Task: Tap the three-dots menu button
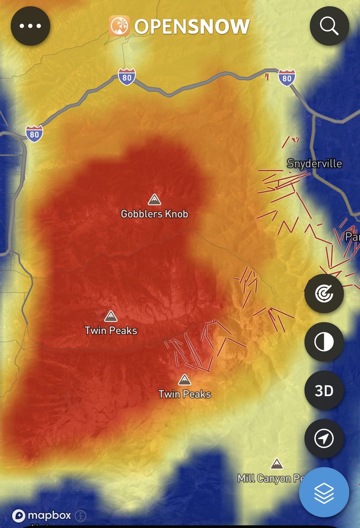30,26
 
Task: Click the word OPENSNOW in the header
192,27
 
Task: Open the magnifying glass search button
329,26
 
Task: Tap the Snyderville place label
314,164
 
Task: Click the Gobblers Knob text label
154,214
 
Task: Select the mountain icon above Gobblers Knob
154,199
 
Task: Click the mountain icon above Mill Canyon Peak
277,464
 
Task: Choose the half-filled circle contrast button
324,342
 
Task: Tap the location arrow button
324,438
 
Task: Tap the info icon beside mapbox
81,516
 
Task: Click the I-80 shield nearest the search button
287,78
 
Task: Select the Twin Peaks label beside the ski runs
184,394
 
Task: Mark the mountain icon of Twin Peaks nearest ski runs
184,379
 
